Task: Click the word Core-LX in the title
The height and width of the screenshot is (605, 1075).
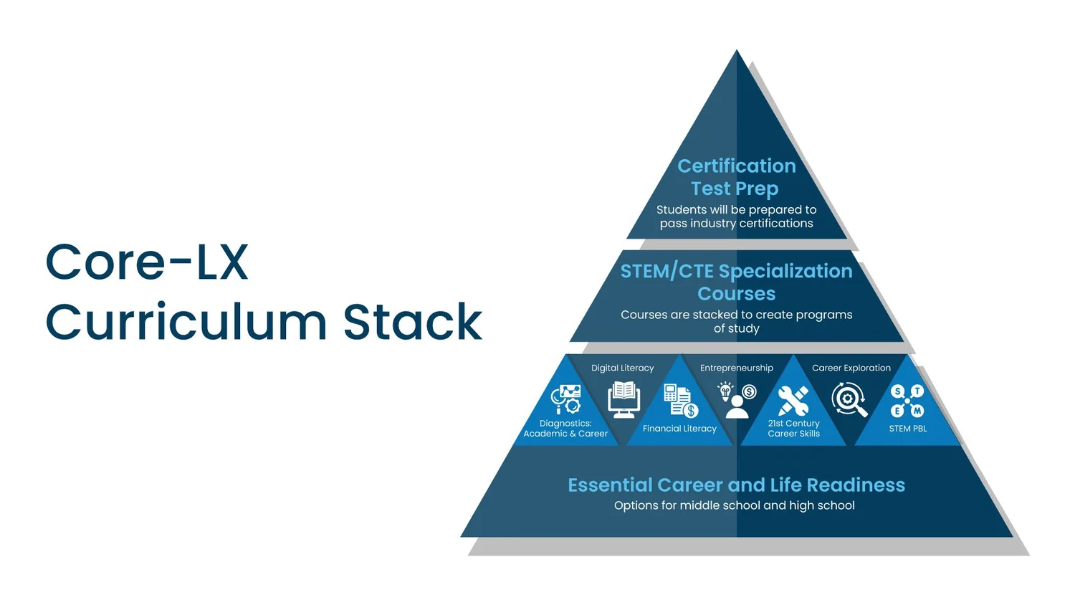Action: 147,262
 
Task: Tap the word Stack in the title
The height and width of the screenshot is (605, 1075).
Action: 413,321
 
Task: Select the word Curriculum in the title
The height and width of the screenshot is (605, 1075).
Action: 186,321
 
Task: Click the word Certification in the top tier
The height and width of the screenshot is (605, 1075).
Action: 737,166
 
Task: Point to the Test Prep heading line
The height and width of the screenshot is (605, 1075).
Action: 735,189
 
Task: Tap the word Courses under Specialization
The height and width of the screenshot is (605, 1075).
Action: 737,293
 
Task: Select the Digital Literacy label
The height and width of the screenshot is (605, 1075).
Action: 623,368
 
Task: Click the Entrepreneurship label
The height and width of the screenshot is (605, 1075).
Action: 737,368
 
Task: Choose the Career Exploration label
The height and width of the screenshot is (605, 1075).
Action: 851,368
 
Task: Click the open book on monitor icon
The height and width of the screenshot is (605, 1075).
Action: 623,399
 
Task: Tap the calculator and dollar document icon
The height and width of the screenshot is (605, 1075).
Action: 681,401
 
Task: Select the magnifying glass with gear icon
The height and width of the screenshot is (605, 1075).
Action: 849,399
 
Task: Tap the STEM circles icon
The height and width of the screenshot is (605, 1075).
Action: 907,401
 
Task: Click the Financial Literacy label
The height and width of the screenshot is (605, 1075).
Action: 679,428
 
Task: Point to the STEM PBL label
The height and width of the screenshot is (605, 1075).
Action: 907,428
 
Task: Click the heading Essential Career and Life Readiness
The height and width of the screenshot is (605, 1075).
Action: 736,485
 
